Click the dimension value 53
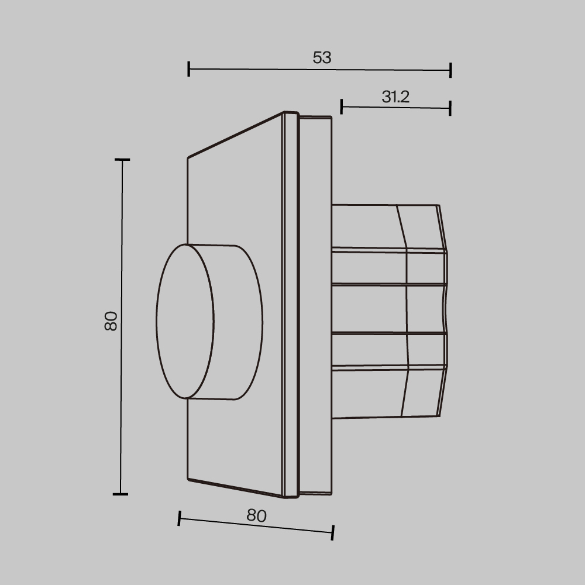[x=322, y=57]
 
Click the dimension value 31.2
[x=395, y=97]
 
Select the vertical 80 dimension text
[x=111, y=321]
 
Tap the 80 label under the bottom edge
[x=256, y=515]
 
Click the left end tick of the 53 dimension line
[x=188, y=69]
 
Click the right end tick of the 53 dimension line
[x=450, y=70]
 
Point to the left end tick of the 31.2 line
[x=342, y=106]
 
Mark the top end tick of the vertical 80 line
[x=122, y=159]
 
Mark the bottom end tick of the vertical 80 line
[x=121, y=494]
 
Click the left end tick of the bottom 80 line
[x=179, y=518]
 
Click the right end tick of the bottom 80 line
[x=332, y=532]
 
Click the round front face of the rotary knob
[x=185, y=321]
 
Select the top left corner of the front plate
[x=188, y=158]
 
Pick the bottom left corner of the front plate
[x=188, y=479]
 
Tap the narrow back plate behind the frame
[x=316, y=304]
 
